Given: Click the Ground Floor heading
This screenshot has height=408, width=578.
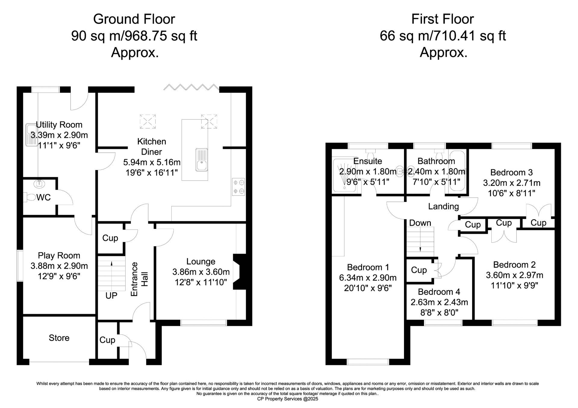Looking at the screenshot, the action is click(x=134, y=19).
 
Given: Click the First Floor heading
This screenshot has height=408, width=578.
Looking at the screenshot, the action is click(x=443, y=19).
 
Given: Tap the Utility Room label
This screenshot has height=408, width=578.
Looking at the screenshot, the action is click(x=59, y=124).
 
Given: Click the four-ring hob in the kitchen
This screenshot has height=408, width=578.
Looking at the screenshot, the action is click(x=238, y=187).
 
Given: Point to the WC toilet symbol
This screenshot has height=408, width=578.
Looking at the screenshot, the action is click(x=30, y=197).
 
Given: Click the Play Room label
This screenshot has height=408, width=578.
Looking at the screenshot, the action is click(x=59, y=255).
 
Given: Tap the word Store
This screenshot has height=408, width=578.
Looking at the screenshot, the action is click(x=59, y=338).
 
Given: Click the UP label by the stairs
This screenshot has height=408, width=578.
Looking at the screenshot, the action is click(x=111, y=296).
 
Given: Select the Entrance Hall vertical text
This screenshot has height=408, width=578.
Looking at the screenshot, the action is click(x=139, y=279).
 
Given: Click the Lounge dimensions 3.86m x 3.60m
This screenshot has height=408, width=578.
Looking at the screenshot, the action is click(x=201, y=272).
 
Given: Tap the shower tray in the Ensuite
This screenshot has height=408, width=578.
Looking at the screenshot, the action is click(x=344, y=175).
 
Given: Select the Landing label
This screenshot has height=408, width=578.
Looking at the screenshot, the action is click(x=443, y=206).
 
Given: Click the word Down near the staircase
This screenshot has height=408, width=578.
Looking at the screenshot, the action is click(x=420, y=223).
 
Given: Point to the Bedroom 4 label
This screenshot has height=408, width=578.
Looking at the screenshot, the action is click(x=439, y=292).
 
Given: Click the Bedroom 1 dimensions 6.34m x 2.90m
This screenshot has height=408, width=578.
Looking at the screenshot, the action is click(x=368, y=278).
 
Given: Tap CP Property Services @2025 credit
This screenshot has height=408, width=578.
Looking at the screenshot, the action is click(x=287, y=399).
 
